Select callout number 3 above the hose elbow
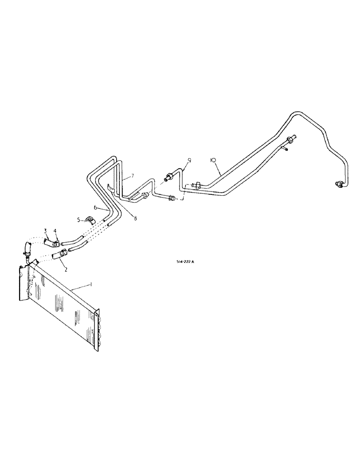[x=46, y=231]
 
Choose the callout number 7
[x=132, y=175]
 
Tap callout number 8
[x=135, y=218]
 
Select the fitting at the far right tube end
[x=339, y=184]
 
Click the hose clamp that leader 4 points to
[x=55, y=242]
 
